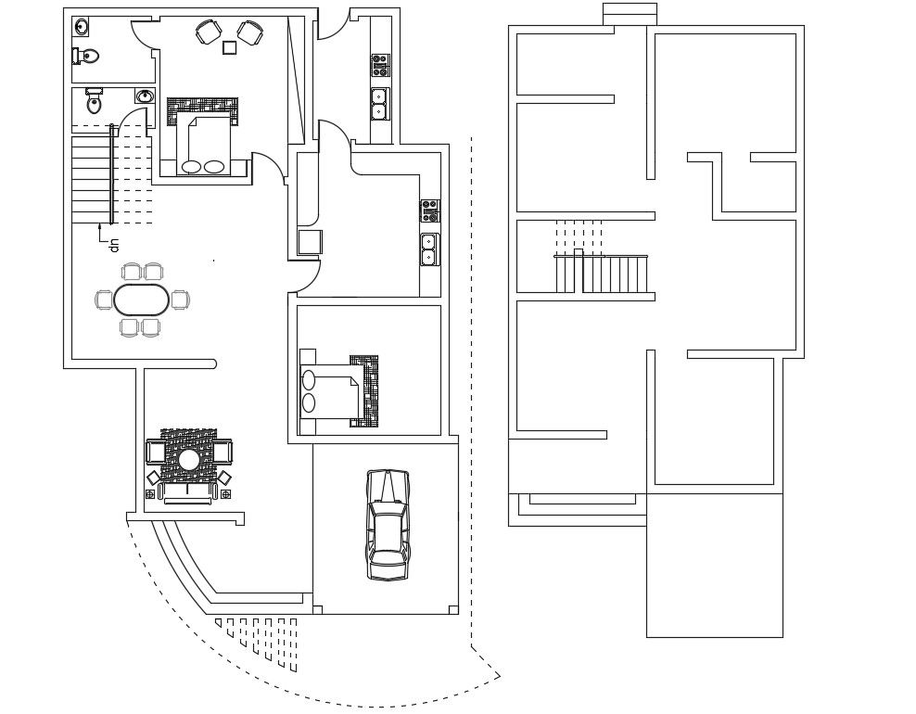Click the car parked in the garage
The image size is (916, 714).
[x=388, y=525]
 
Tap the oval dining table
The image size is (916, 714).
[x=142, y=300]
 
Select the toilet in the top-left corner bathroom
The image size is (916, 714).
[x=86, y=57]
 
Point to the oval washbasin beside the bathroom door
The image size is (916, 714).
[x=144, y=96]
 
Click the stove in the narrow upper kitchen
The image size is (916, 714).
[x=380, y=65]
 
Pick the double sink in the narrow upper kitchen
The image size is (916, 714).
[x=379, y=103]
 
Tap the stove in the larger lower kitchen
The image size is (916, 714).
[x=429, y=211]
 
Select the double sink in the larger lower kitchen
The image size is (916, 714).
[x=429, y=249]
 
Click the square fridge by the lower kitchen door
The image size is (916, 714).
[x=309, y=242]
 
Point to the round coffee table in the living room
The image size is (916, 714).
[x=189, y=459]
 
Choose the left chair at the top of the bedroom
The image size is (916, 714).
[x=208, y=32]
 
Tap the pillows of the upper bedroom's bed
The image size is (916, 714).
[x=203, y=167]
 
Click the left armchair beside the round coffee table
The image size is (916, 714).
[x=156, y=453]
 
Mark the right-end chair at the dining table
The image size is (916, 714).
[x=179, y=300]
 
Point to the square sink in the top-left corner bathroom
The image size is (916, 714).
[x=81, y=26]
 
